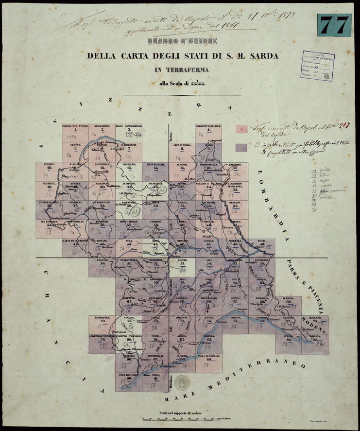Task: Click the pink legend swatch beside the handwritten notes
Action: pos(240,129)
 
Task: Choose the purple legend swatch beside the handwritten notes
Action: pos(240,147)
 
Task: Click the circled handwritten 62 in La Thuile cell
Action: pos(137,212)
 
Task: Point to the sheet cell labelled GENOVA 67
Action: pos(235,305)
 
